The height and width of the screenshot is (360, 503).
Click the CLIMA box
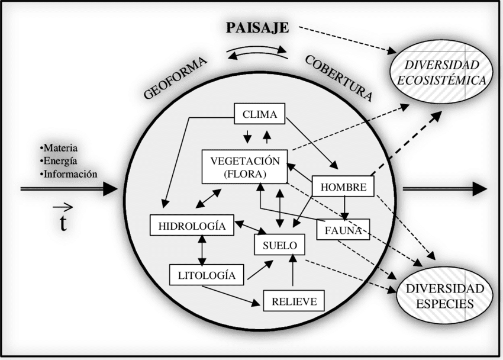(x=260, y=114)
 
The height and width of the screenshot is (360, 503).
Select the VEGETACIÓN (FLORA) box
(x=244, y=166)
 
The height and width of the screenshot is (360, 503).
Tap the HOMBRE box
(x=343, y=188)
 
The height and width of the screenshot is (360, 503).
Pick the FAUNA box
(x=343, y=230)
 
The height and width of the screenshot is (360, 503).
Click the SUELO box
(x=279, y=245)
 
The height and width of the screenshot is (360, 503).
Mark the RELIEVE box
(x=294, y=301)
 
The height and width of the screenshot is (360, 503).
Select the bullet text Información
(x=69, y=174)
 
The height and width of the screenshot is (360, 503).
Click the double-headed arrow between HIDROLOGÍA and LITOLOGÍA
(x=202, y=250)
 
